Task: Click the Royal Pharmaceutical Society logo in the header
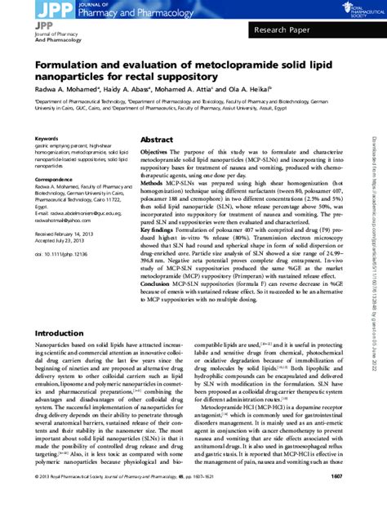point(355,11)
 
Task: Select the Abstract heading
point(157,140)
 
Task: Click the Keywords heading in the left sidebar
point(47,139)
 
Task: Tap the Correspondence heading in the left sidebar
point(56,179)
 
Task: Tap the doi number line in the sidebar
point(61,254)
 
